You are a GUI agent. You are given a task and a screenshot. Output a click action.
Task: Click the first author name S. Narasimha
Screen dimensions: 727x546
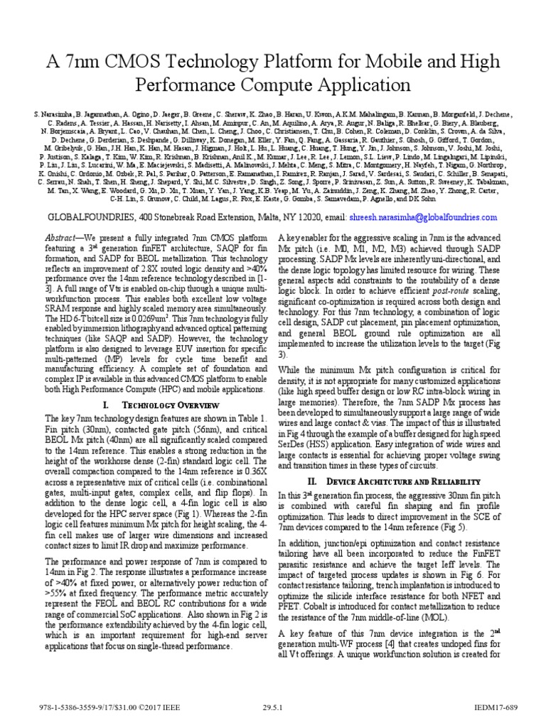click(x=55, y=114)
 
